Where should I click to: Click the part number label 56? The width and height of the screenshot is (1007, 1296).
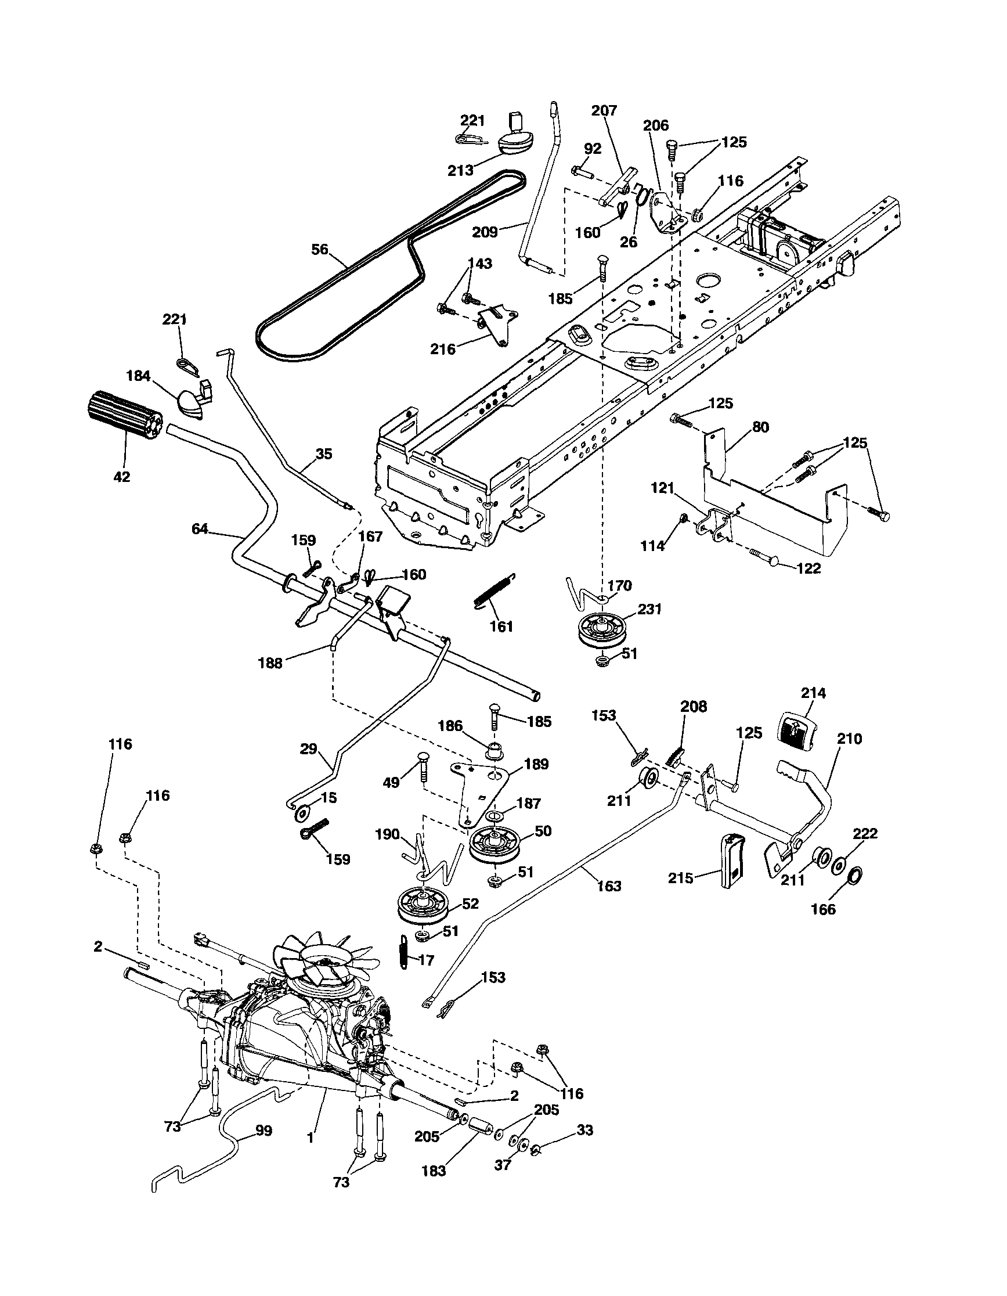(x=320, y=249)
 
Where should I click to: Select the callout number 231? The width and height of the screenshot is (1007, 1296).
(x=649, y=609)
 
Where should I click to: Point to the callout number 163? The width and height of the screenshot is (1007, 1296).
(x=609, y=886)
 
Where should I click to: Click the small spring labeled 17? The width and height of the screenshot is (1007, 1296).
(x=404, y=952)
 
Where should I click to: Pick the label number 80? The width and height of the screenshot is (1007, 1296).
(x=760, y=427)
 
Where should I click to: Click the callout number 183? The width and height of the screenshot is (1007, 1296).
(x=434, y=1171)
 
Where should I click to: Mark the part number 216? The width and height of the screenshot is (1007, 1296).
(x=443, y=349)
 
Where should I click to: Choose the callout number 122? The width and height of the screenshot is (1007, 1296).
(x=809, y=568)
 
